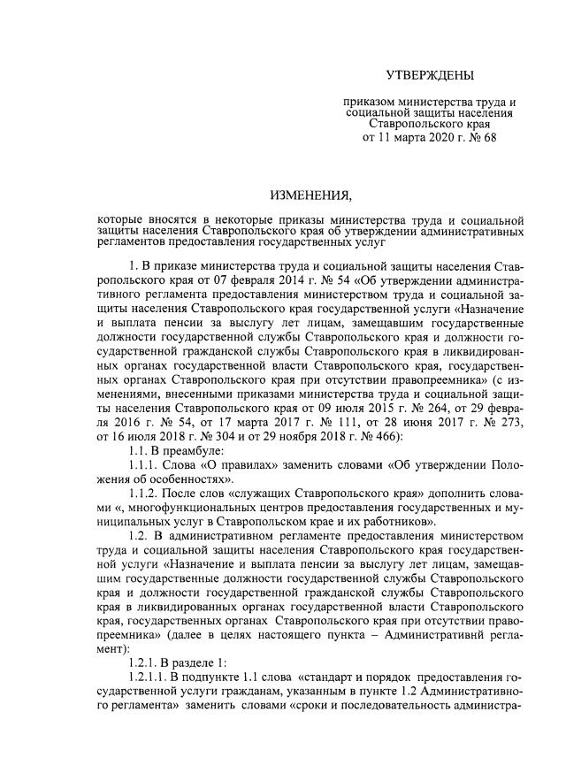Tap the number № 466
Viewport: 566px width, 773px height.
tap(381, 437)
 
